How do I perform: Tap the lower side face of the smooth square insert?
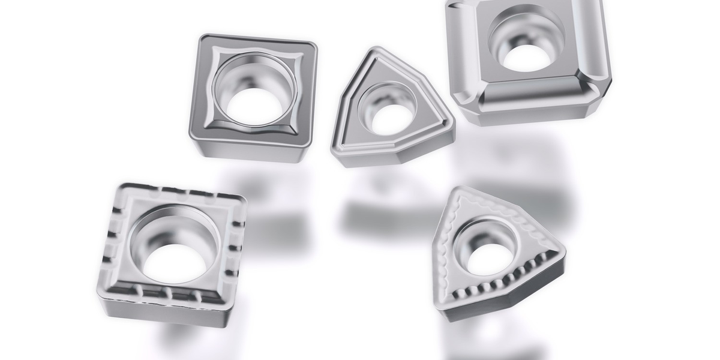[x=252, y=151]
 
